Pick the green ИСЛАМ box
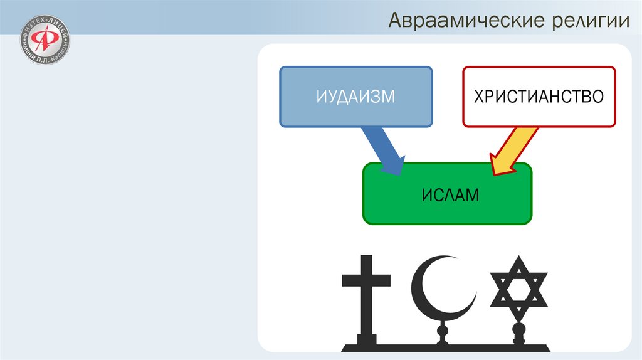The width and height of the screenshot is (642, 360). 447,194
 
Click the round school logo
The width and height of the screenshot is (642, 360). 46,43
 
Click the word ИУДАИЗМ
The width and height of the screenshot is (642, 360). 355,97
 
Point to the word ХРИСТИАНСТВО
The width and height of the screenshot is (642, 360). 539,97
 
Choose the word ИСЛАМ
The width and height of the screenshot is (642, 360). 447,195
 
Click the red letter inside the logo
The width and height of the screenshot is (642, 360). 45,43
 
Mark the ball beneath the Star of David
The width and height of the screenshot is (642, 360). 518,329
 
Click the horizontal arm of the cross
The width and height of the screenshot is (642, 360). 366,279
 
